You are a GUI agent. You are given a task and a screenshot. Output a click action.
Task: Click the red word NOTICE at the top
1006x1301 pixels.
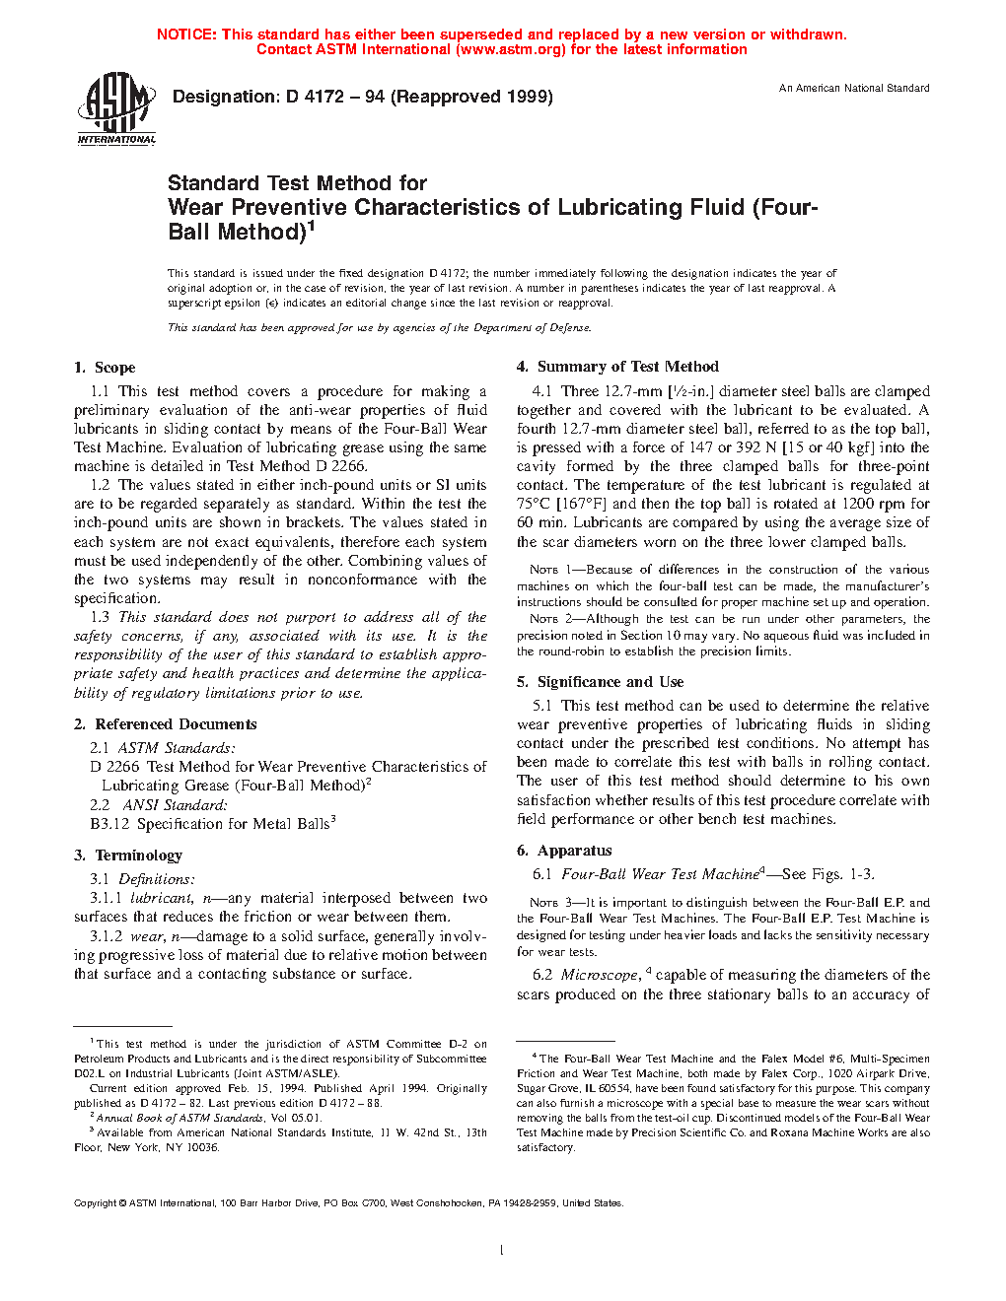(x=186, y=34)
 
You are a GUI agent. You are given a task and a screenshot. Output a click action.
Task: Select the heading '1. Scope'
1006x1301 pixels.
(x=105, y=368)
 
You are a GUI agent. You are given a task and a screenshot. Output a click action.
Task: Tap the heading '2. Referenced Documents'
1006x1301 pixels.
(x=166, y=724)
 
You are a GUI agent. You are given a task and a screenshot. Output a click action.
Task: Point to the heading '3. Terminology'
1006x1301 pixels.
(x=128, y=856)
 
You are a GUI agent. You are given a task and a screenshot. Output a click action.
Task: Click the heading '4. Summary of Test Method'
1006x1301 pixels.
(x=617, y=367)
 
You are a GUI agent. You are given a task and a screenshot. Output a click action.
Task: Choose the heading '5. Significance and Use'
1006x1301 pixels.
(x=600, y=682)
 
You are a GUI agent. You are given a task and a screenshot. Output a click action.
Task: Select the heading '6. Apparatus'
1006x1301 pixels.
(x=564, y=851)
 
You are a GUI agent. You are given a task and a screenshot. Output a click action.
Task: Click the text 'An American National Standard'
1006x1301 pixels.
(x=854, y=89)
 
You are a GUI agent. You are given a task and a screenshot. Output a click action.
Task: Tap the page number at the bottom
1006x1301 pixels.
(x=502, y=1251)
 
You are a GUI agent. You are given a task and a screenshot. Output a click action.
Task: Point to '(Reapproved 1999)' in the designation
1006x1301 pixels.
(x=471, y=97)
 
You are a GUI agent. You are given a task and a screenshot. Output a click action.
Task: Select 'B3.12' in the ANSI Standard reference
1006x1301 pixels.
(x=109, y=824)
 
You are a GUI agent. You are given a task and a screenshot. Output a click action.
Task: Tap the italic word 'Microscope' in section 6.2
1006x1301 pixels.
(x=600, y=975)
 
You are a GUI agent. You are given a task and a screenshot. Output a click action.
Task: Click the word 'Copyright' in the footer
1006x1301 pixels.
(x=96, y=1203)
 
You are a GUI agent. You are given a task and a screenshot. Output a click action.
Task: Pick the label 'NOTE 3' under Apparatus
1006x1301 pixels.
(x=543, y=903)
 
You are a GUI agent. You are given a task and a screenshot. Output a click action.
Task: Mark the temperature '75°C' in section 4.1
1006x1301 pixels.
(x=536, y=504)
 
